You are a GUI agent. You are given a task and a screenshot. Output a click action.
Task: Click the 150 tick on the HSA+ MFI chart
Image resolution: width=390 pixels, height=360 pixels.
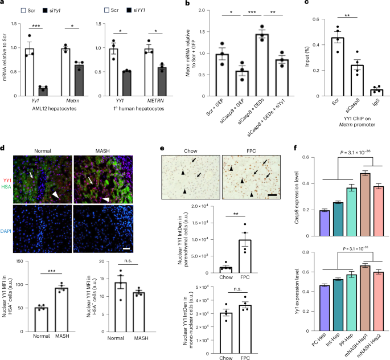[20, 262]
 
